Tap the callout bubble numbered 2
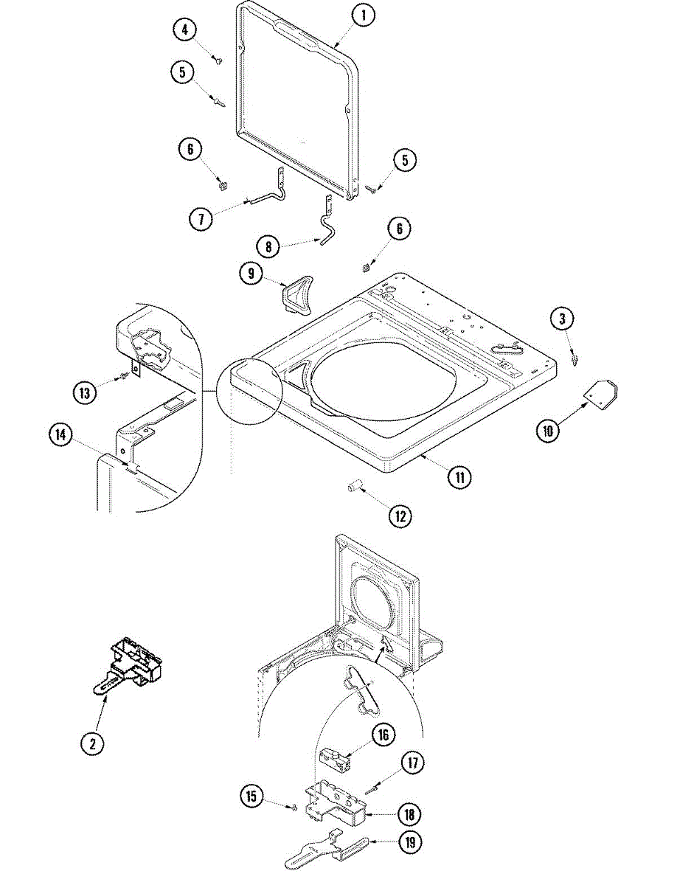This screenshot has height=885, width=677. point(92,743)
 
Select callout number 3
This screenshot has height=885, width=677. point(563,319)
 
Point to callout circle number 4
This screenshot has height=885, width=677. point(184,30)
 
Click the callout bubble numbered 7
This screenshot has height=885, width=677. point(200,218)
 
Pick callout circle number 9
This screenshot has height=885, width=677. point(251,273)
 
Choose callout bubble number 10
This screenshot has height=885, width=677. point(547,431)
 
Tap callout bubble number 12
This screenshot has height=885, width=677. point(400,516)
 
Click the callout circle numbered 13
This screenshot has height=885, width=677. point(85,393)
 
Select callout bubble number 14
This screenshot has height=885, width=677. point(61,436)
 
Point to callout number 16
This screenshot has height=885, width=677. point(383,735)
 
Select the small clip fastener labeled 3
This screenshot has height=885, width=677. point(575,359)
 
